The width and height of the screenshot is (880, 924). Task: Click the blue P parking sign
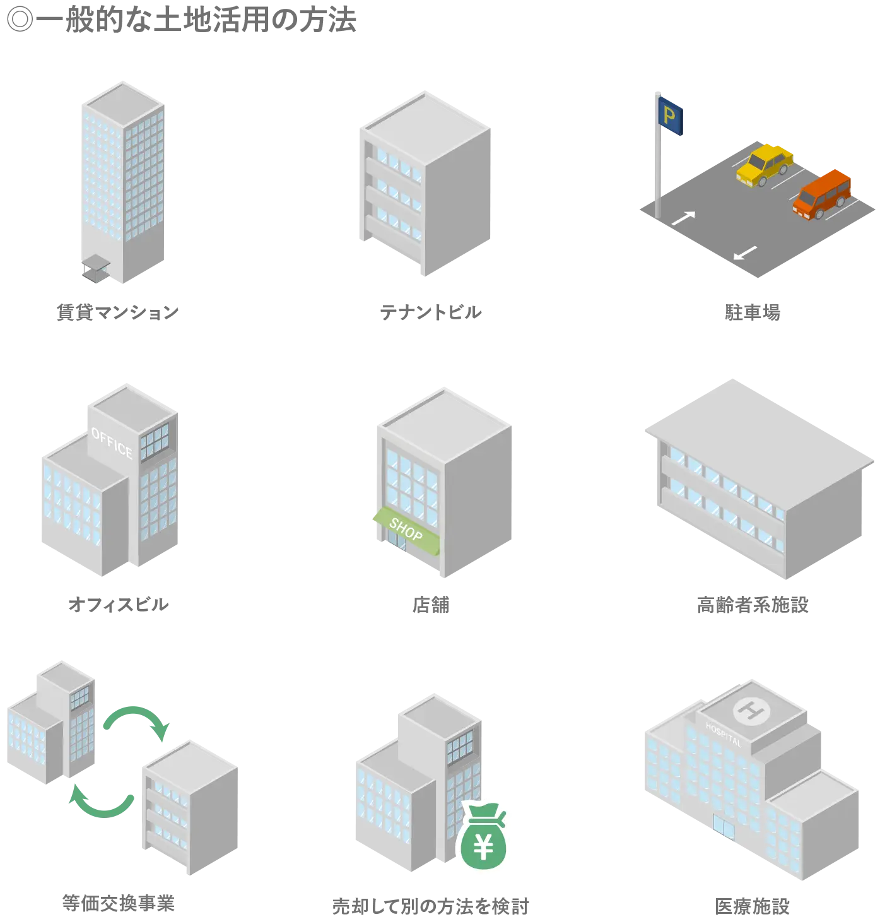[671, 115]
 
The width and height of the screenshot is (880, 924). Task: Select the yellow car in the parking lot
[764, 163]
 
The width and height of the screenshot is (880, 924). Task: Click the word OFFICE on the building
[112, 442]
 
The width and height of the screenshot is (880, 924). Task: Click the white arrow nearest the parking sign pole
[684, 218]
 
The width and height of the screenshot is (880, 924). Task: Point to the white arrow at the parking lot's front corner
[745, 253]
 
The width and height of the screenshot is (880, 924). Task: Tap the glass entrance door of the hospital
[723, 827]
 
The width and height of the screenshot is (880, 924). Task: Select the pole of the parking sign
[656, 170]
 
